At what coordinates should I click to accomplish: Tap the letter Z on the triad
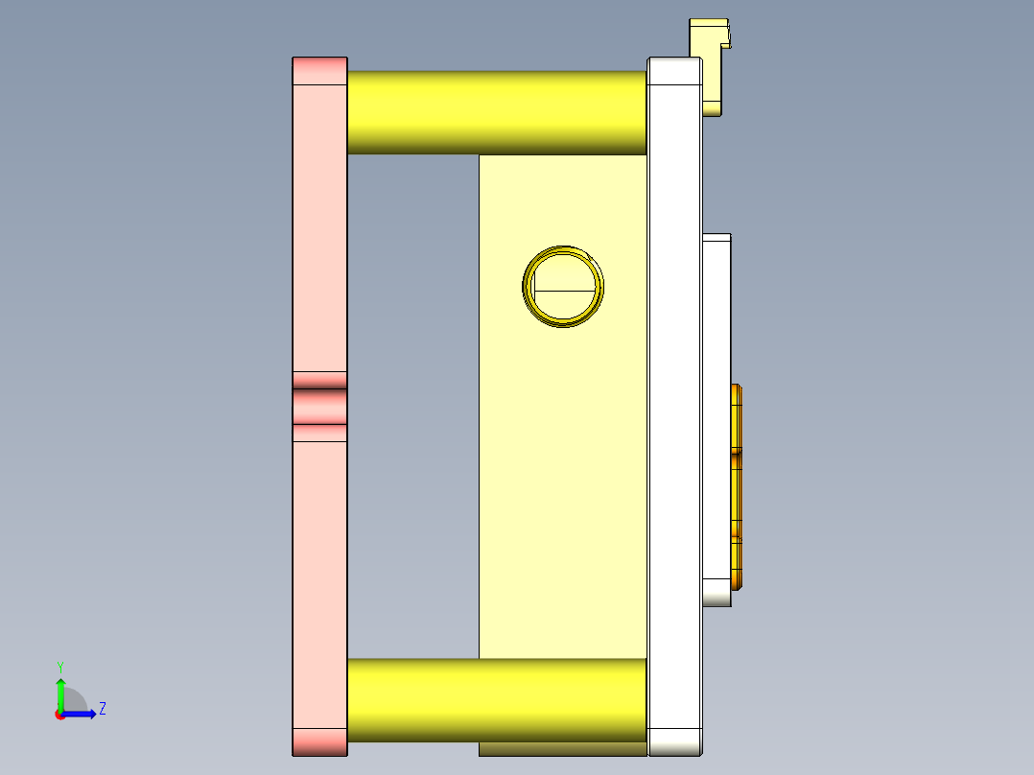[x=102, y=709]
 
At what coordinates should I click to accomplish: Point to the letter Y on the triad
[x=60, y=666]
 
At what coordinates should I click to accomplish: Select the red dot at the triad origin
[x=59, y=714]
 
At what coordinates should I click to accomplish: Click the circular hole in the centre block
[x=564, y=287]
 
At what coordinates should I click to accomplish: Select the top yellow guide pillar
[x=496, y=112]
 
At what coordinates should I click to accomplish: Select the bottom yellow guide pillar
[x=496, y=700]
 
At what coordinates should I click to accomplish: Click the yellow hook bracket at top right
[x=708, y=58]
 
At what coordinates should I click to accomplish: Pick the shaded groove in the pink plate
[x=319, y=407]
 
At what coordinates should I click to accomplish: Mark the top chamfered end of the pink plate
[x=319, y=70]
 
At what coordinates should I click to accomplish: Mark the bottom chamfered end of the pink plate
[x=319, y=740]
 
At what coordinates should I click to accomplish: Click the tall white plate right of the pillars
[x=674, y=403]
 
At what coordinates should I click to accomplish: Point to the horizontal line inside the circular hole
[x=564, y=290]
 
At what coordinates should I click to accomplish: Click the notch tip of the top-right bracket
[x=730, y=37]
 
